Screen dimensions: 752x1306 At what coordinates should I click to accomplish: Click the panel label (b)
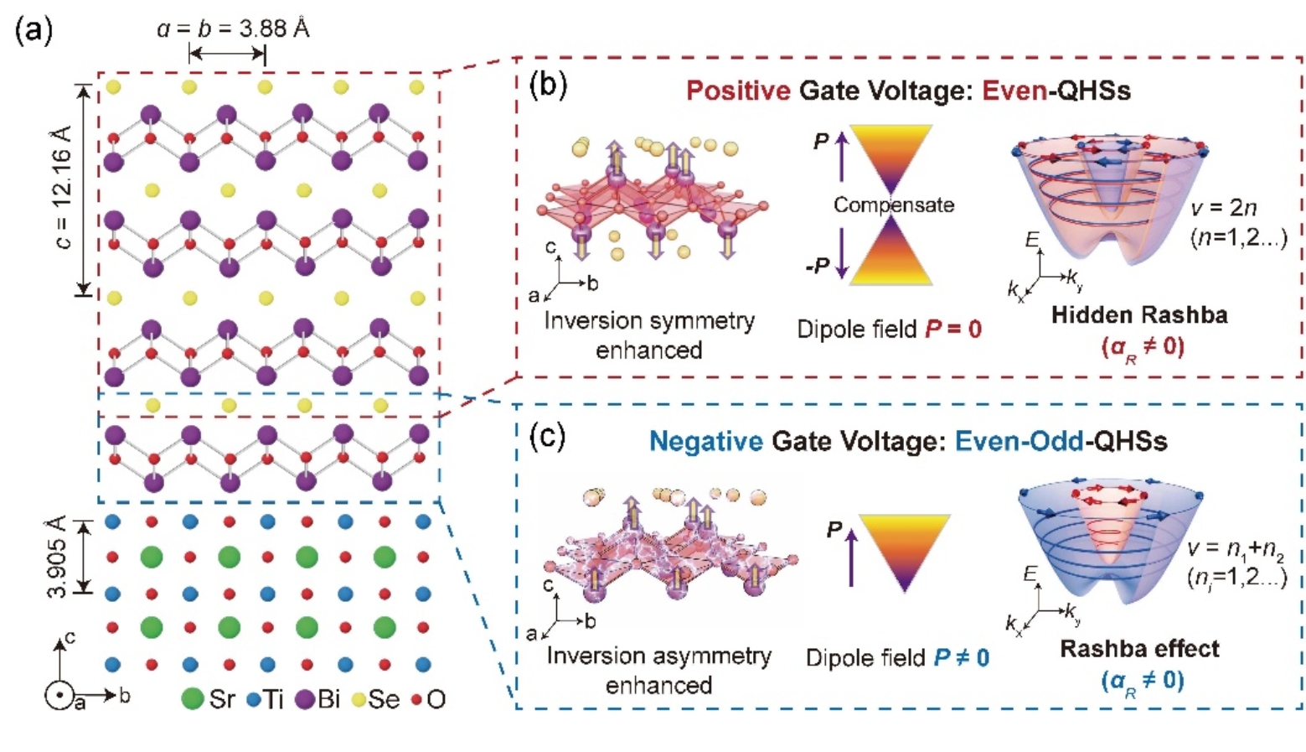point(548,86)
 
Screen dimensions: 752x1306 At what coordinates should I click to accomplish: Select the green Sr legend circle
point(193,698)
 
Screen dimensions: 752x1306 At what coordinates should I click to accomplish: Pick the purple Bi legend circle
point(304,698)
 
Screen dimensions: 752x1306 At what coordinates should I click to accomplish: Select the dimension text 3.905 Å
point(57,557)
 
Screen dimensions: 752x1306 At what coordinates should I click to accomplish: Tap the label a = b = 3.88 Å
point(233,29)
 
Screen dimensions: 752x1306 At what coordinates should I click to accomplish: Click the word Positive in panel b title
point(738,91)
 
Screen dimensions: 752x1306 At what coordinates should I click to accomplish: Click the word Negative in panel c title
point(706,441)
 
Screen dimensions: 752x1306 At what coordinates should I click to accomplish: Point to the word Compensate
point(893,205)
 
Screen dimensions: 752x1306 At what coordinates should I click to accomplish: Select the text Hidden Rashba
point(1139,315)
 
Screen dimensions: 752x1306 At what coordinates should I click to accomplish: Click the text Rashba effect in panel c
point(1139,648)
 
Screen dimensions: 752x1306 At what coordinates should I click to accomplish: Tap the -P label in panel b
point(817,267)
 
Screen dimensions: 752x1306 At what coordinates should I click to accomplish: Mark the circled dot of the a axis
point(59,697)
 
